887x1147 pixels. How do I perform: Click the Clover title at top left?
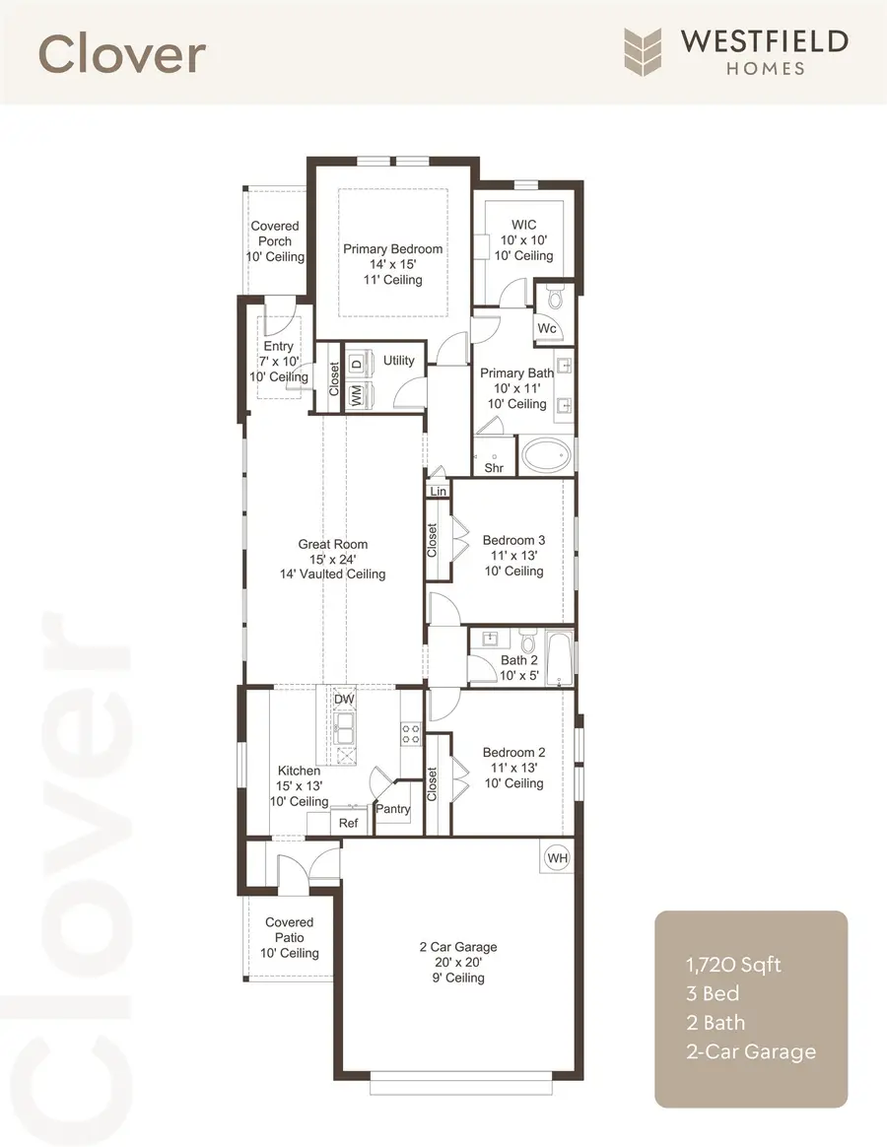tap(122, 54)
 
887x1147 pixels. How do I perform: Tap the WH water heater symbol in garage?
tap(557, 857)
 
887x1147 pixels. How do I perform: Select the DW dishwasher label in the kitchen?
tap(343, 699)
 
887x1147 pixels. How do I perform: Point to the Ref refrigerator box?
tap(349, 823)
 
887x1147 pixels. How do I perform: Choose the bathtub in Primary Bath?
tap(546, 455)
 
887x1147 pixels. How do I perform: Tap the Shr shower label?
tap(494, 468)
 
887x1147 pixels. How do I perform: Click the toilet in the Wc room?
tap(554, 297)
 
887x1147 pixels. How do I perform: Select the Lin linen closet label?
tap(437, 490)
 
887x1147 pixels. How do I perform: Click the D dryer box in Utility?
tap(357, 361)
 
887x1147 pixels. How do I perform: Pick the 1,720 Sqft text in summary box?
tap(733, 964)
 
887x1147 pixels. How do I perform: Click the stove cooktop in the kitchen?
tap(410, 732)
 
